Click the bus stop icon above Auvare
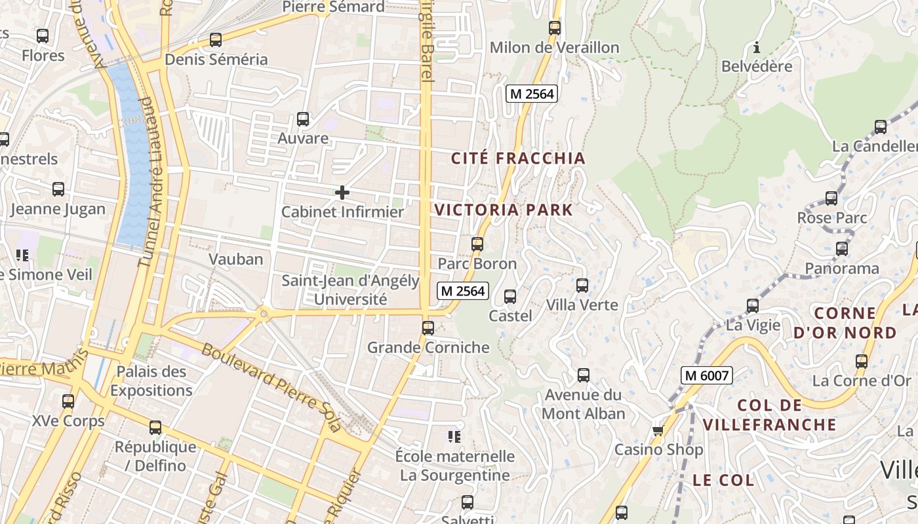302,119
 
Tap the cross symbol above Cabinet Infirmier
342,193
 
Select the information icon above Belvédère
757,47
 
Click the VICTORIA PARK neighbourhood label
504,210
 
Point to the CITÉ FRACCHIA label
518,159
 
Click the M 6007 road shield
706,375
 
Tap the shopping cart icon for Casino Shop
658,430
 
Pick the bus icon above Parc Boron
477,244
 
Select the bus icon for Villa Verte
582,286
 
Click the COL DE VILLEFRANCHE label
770,415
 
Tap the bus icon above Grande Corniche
428,327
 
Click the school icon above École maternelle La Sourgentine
454,436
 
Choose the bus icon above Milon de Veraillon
555,28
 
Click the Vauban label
236,259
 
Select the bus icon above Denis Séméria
216,40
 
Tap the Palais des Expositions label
151,381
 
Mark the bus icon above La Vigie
753,306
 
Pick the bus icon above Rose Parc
831,198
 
